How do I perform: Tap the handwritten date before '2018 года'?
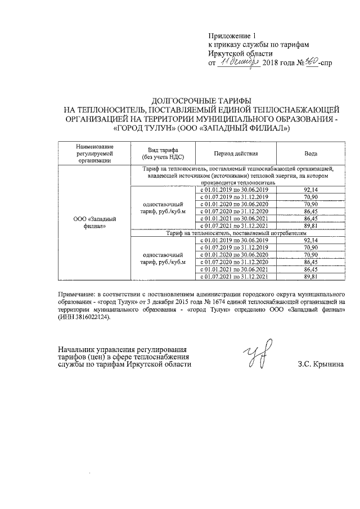coord(237,62)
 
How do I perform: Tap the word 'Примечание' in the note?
coord(81,294)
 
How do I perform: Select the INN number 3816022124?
coord(91,317)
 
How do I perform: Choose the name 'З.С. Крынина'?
coord(321,364)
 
